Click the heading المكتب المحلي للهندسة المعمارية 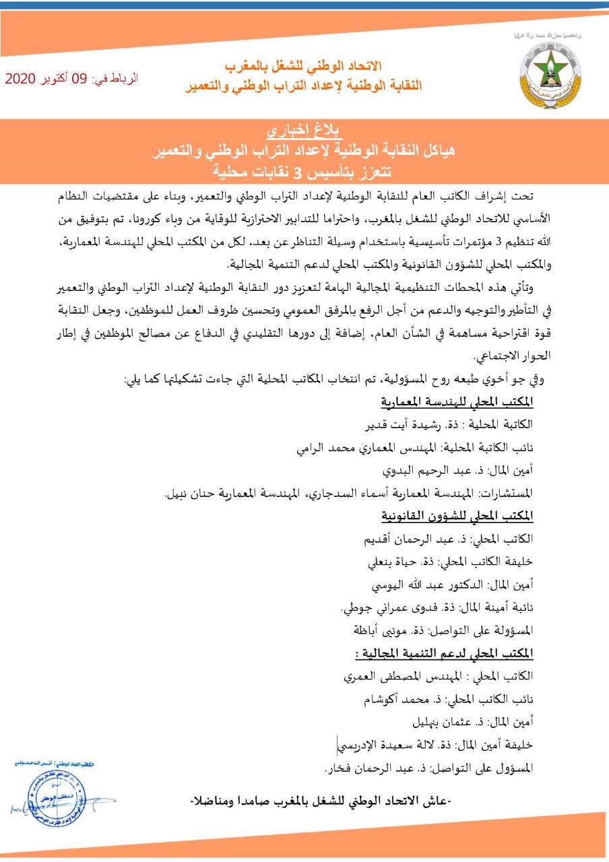pos(457,402)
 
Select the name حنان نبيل pos(193,494)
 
